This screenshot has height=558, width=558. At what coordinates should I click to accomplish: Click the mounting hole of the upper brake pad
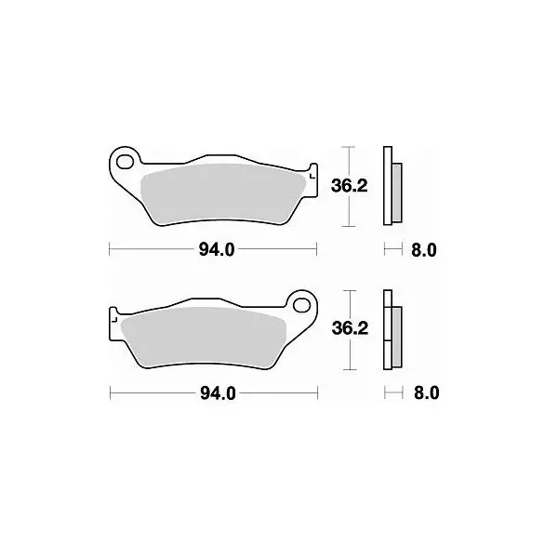[125, 162]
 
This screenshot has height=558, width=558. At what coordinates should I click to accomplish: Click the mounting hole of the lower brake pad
[301, 305]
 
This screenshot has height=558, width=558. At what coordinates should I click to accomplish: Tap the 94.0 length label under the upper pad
[217, 250]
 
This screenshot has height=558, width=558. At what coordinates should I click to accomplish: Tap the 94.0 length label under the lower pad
[218, 393]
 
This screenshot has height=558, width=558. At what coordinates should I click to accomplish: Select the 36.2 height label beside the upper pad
[349, 185]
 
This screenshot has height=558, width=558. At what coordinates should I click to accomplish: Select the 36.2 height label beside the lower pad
[350, 328]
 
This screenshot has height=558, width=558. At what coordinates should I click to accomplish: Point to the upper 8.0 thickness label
[424, 250]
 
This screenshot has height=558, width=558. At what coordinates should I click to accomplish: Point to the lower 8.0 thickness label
[426, 393]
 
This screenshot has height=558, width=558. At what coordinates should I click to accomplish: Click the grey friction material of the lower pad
[203, 337]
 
